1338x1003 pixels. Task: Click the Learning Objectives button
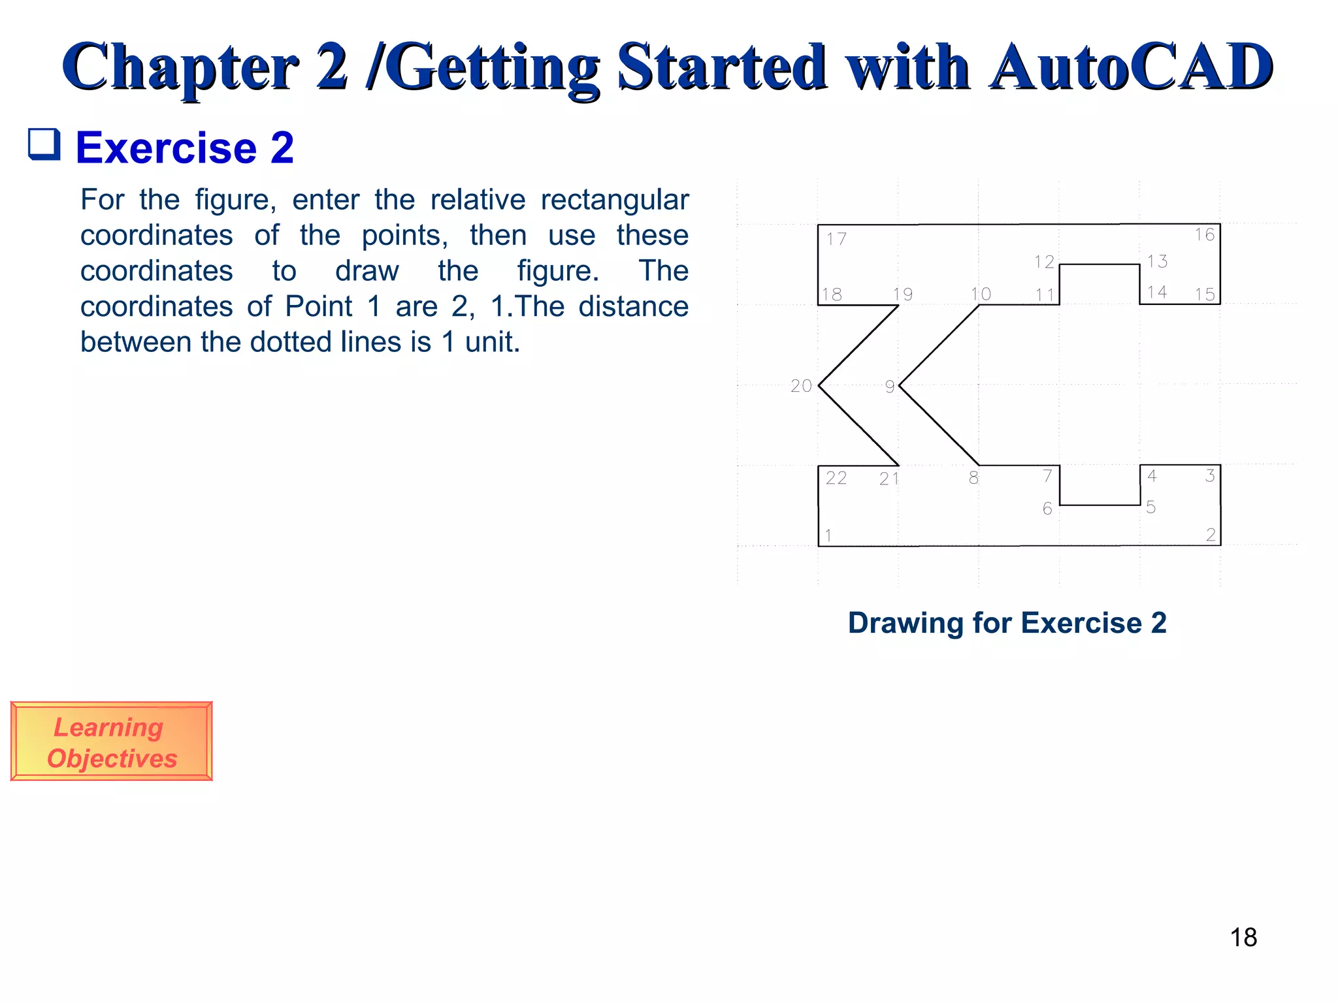111,742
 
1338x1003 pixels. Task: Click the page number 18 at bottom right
1243,938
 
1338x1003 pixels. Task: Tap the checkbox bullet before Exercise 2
44,144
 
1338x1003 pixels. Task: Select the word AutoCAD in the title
1130,67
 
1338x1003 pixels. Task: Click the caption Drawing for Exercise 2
1007,623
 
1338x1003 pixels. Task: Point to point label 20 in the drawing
801,386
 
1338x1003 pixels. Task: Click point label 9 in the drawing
890,387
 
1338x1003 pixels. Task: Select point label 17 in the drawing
836,239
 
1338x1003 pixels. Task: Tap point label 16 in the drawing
1205,235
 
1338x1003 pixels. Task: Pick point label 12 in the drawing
1044,262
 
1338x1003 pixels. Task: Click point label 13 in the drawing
1157,261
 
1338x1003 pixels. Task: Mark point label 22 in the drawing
836,478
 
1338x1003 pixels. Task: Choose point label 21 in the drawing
889,479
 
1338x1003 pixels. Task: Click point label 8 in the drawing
973,478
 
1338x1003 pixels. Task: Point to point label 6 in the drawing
1047,509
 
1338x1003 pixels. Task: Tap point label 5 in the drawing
1151,507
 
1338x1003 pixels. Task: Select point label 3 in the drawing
1210,475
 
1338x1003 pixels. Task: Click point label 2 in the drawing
1211,535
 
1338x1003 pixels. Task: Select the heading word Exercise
167,148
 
